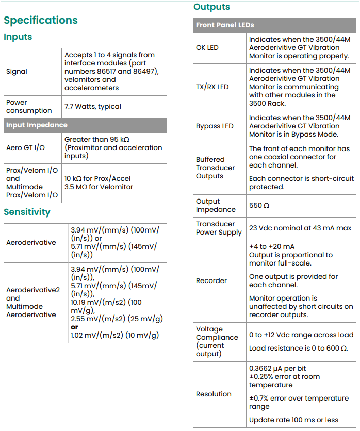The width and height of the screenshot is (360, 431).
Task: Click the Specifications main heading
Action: (x=41, y=20)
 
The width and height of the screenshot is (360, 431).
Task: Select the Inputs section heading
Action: (x=18, y=37)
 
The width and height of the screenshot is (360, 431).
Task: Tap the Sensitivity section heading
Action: (x=27, y=212)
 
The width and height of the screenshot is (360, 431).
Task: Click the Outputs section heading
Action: (x=211, y=7)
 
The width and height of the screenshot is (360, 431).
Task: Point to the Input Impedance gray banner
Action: (x=37, y=125)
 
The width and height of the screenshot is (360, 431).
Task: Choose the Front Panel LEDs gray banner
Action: (x=225, y=25)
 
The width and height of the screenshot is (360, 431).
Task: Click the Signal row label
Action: (x=17, y=71)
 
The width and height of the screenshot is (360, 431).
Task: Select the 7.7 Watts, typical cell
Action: (x=93, y=106)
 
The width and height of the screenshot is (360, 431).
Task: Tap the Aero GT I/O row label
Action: (x=25, y=147)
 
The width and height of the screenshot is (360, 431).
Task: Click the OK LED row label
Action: (x=207, y=47)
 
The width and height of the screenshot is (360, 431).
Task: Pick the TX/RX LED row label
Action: (x=212, y=87)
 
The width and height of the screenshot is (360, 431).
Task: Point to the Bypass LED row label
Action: (x=215, y=126)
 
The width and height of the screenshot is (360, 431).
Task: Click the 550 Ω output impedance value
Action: (x=259, y=205)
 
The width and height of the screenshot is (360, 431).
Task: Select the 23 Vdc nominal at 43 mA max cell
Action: (x=300, y=228)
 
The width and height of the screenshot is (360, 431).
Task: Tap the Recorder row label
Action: (x=211, y=280)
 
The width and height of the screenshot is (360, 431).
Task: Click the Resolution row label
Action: (x=214, y=394)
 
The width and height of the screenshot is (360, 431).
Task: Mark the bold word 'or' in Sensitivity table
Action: (x=75, y=327)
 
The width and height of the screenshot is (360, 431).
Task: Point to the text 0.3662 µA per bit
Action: (x=277, y=368)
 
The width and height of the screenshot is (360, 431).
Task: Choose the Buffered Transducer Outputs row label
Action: (x=215, y=168)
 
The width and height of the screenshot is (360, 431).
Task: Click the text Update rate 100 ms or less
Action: (x=293, y=420)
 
